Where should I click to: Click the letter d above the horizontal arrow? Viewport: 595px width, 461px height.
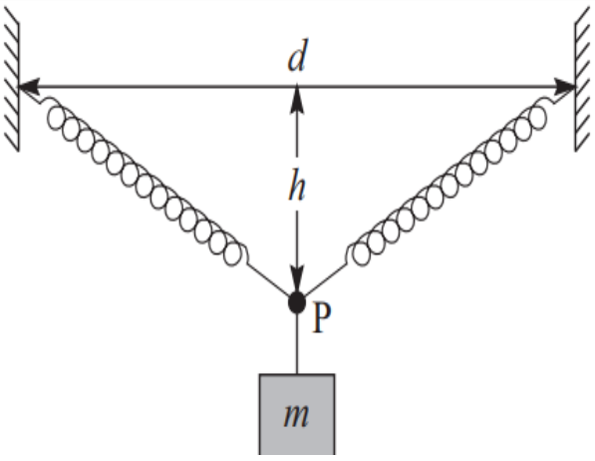click(296, 55)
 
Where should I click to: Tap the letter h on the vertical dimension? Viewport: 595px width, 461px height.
click(297, 185)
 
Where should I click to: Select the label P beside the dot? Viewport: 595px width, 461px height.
click(321, 318)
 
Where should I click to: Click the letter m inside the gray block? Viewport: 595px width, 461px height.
click(296, 415)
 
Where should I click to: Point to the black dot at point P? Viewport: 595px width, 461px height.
click(297, 303)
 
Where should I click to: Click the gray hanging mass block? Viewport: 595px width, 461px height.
click(297, 414)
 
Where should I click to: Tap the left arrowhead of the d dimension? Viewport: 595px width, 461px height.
click(29, 87)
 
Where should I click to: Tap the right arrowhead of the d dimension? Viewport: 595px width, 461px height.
click(565, 87)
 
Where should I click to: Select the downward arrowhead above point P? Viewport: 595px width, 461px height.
click(297, 279)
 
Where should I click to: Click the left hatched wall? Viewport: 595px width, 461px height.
click(11, 81)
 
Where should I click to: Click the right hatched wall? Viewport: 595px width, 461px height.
click(583, 81)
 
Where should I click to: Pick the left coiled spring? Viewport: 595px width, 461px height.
click(145, 182)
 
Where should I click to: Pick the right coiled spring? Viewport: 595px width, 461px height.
click(447, 182)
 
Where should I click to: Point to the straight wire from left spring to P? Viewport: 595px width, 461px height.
click(269, 279)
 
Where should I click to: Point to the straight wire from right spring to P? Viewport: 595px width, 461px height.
click(325, 279)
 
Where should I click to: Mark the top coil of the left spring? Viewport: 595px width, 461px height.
click(56, 117)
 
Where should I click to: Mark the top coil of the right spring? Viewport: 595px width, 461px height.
click(536, 117)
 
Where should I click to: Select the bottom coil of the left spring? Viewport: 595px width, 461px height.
click(232, 254)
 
